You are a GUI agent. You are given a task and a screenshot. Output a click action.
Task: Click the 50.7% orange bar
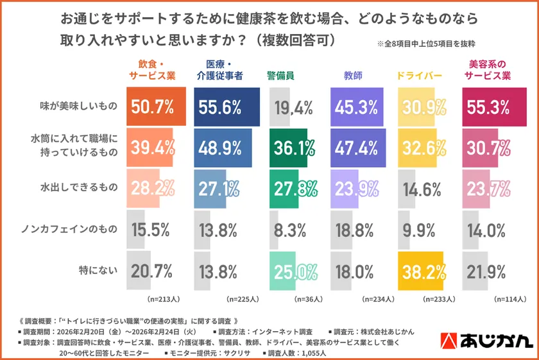pyautogui.click(x=157, y=107)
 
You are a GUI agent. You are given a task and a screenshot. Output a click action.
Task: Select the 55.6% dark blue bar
pyautogui.click(x=226, y=107)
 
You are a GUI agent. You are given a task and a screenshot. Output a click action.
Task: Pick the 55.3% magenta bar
pyautogui.click(x=494, y=107)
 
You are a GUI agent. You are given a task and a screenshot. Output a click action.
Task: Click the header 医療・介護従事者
pyautogui.click(x=219, y=70)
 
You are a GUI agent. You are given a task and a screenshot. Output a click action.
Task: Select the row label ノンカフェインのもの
pyautogui.click(x=71, y=229)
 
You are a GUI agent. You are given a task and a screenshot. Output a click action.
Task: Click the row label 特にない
pyautogui.click(x=97, y=270)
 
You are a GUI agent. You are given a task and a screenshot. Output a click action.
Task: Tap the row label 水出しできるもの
pyautogui.click(x=79, y=188)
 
